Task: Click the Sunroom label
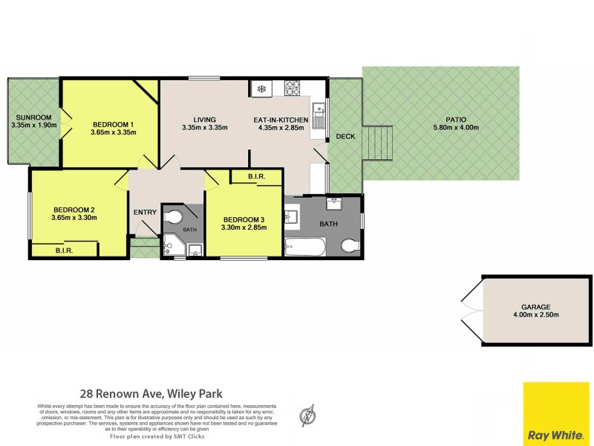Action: [x=33, y=117]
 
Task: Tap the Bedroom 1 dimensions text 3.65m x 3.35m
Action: [x=113, y=132]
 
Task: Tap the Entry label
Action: [x=145, y=213]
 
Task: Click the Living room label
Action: [x=204, y=120]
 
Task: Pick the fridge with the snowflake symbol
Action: [x=261, y=89]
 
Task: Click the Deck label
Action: [x=345, y=137]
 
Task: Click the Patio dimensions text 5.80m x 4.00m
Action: [x=457, y=127]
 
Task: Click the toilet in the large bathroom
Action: [x=348, y=246]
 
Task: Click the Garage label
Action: [x=535, y=307]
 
